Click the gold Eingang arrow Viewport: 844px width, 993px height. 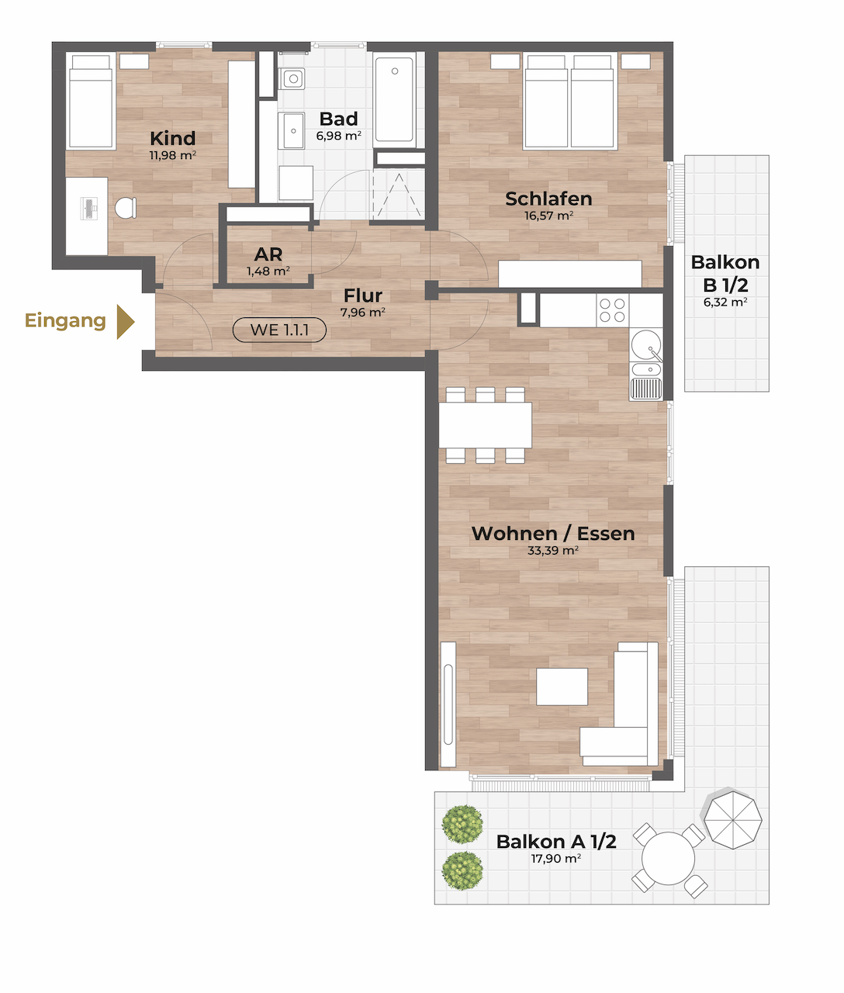[x=125, y=322]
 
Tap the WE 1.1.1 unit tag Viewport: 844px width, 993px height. [x=279, y=330]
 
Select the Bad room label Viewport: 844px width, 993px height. [x=339, y=119]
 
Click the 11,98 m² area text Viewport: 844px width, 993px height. [x=172, y=155]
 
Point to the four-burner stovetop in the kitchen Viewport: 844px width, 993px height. [x=613, y=310]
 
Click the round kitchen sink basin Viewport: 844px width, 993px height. [x=645, y=344]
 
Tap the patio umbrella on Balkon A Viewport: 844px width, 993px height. [x=733, y=819]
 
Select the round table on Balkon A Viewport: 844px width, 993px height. [x=668, y=859]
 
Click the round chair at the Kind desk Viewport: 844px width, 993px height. [x=126, y=208]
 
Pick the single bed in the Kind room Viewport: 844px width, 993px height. [x=91, y=101]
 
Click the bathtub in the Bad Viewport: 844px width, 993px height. [x=394, y=100]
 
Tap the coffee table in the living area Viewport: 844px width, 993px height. [x=562, y=687]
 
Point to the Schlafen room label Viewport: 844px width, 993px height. [x=548, y=199]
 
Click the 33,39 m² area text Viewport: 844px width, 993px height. [x=553, y=551]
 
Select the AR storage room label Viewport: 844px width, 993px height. [x=268, y=254]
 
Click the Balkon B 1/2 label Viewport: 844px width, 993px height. [x=725, y=274]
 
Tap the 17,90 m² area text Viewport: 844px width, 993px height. [x=555, y=859]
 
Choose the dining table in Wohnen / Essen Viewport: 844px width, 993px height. [x=485, y=425]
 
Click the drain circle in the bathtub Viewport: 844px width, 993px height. [x=395, y=71]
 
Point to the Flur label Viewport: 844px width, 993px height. [x=363, y=295]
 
